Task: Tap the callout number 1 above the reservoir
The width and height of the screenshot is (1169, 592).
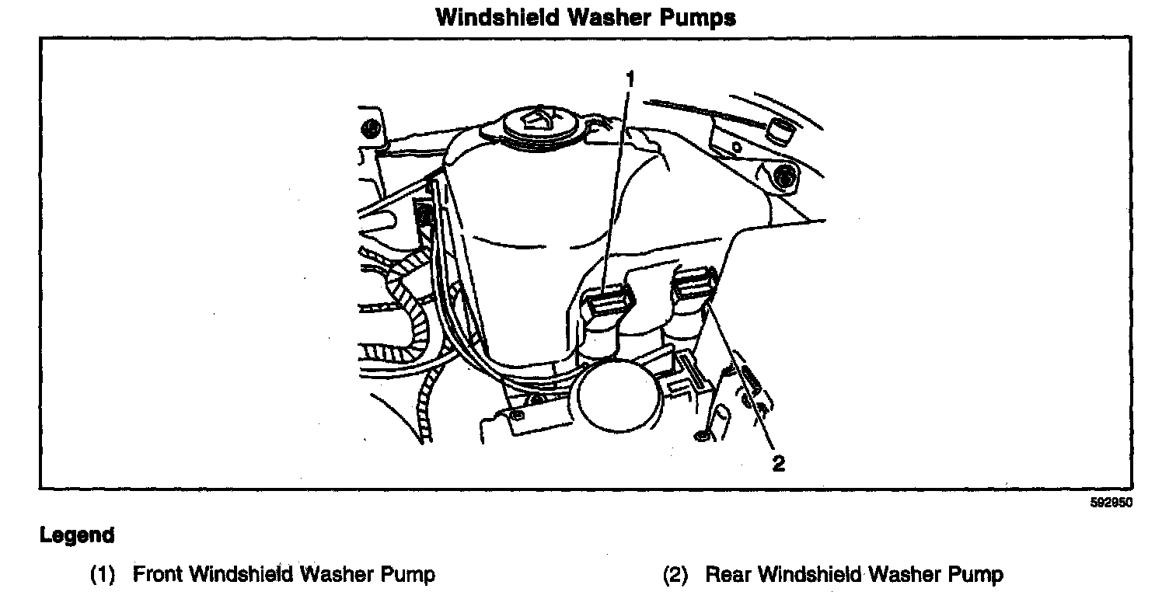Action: (x=630, y=78)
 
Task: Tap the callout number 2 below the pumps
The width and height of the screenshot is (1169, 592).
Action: (x=778, y=464)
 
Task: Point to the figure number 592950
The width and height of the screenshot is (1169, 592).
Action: (x=1112, y=503)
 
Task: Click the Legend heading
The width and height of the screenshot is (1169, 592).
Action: (x=77, y=535)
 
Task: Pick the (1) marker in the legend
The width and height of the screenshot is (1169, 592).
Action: (x=103, y=576)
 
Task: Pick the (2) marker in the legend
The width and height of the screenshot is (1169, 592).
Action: (x=675, y=576)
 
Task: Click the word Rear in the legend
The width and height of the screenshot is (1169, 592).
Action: (x=728, y=575)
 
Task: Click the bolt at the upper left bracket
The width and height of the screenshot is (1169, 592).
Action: (x=372, y=128)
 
